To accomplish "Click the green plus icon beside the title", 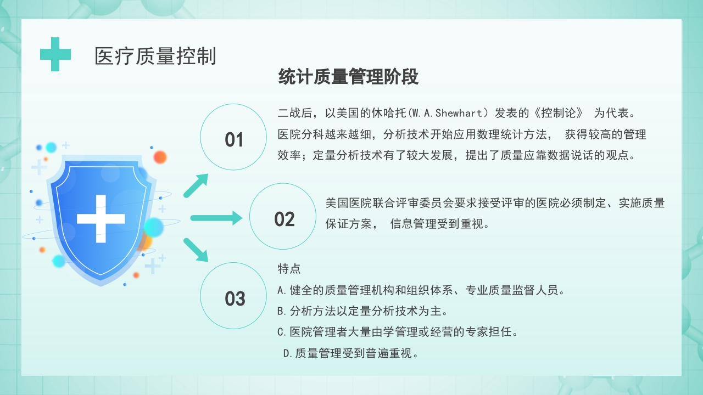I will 55,54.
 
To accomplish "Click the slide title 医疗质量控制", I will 155,56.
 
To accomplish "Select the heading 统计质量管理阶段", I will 348,77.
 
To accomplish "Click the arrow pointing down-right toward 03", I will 196,250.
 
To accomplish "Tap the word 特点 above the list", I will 289,269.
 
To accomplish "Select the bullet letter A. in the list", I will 283,290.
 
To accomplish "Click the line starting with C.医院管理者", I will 398,332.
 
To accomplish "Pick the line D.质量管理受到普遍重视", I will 351,353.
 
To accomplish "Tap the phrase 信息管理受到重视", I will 439,224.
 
